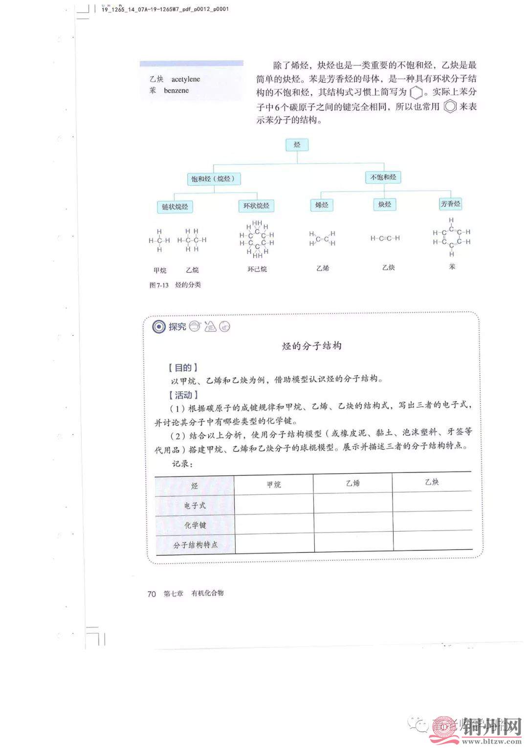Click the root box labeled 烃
[x=297, y=145]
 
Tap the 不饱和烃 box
[x=383, y=177]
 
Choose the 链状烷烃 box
[x=175, y=207]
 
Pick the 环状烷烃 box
[x=256, y=206]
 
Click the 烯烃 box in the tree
[x=322, y=205]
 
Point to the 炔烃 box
[x=385, y=204]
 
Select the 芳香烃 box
[x=450, y=204]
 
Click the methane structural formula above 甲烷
[x=159, y=240]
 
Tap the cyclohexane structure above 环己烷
[x=257, y=239]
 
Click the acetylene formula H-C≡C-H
[x=385, y=238]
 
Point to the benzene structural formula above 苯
[x=451, y=237]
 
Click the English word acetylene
[x=185, y=79]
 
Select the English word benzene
[x=176, y=90]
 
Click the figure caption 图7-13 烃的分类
[x=175, y=285]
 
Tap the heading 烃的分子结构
[x=311, y=346]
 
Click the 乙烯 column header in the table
[x=352, y=483]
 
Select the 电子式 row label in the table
[x=195, y=506]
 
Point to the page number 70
[x=152, y=594]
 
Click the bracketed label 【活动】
[x=182, y=395]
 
